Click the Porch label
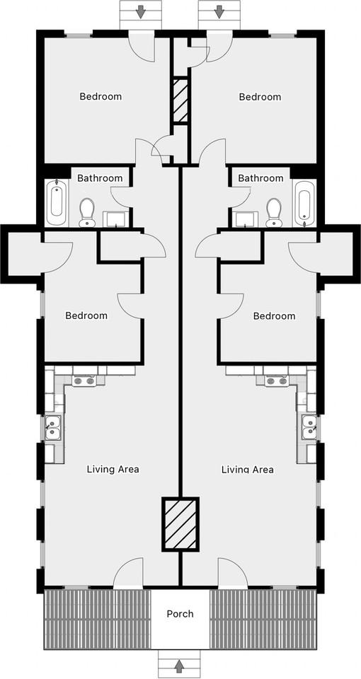pyautogui.click(x=180, y=613)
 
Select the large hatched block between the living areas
pyautogui.click(x=180, y=523)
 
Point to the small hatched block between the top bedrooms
pyautogui.click(x=180, y=100)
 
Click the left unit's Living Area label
pyautogui.click(x=113, y=469)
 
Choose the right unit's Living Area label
pyautogui.click(x=247, y=469)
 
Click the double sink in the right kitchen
pyautogui.click(x=309, y=426)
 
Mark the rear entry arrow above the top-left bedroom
pyautogui.click(x=141, y=11)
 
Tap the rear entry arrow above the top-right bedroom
pyautogui.click(x=219, y=11)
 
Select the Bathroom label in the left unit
pyautogui.click(x=100, y=178)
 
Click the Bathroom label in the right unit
pyautogui.click(x=260, y=178)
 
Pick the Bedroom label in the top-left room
pyautogui.click(x=100, y=96)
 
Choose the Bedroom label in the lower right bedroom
pyautogui.click(x=274, y=315)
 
